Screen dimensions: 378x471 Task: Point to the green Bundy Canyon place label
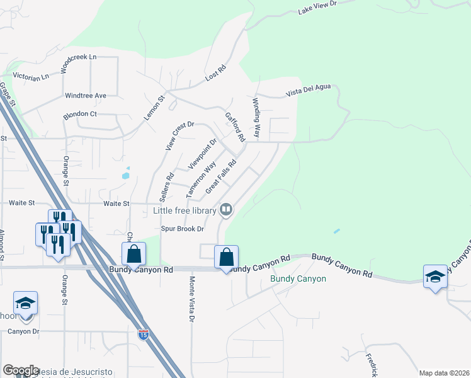(x=298, y=278)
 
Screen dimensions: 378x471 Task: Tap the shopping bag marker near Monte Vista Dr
(x=226, y=258)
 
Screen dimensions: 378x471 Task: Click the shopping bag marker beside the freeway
(x=134, y=255)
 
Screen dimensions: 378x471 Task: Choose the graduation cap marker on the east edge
(x=435, y=278)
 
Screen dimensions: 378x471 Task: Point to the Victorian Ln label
(x=26, y=77)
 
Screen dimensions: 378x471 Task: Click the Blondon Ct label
(x=79, y=115)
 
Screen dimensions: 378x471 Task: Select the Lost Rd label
(x=215, y=75)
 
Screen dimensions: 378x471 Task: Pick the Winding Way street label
(x=256, y=118)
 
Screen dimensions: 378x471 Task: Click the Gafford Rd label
(x=234, y=127)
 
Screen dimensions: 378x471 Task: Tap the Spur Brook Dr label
(x=183, y=229)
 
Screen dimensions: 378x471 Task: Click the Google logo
(x=21, y=370)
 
